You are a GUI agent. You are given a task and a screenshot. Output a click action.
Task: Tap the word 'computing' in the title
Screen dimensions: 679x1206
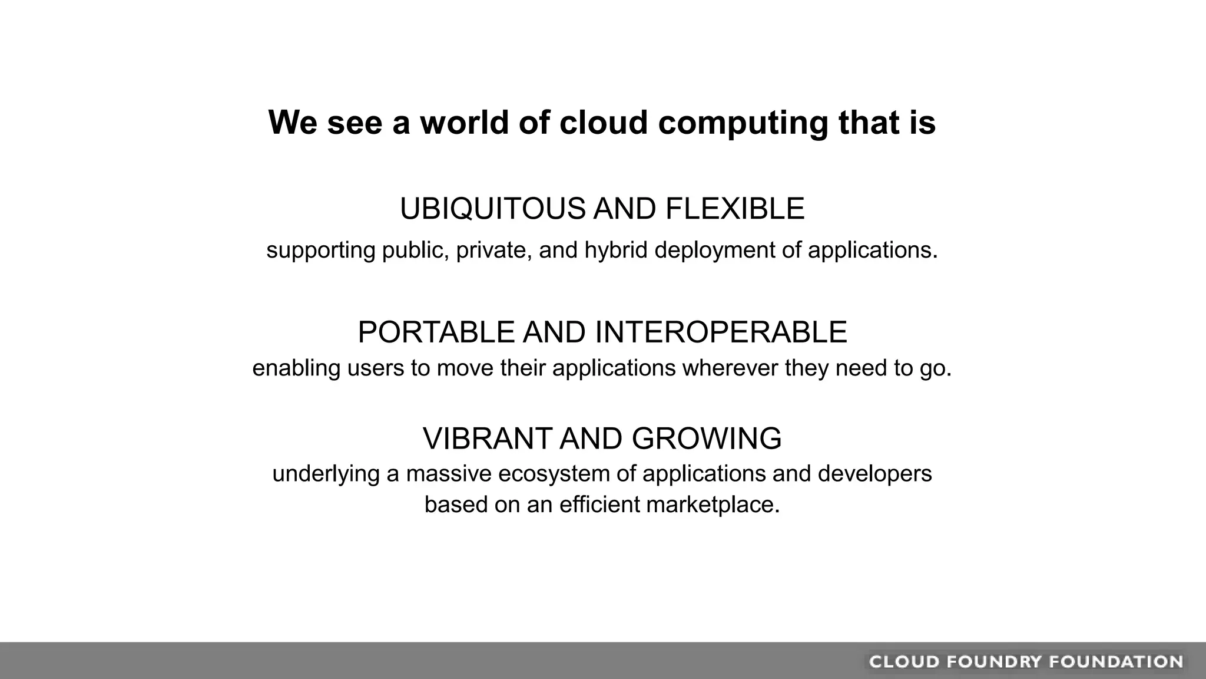click(x=742, y=124)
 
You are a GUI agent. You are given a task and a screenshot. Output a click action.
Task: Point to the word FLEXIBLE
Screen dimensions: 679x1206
click(x=734, y=209)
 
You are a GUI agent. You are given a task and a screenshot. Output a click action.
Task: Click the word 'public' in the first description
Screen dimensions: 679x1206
click(x=412, y=250)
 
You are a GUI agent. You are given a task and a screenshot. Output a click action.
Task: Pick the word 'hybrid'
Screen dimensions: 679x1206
click(x=615, y=250)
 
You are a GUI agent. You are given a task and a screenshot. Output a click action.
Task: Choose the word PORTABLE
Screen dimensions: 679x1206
click(x=436, y=332)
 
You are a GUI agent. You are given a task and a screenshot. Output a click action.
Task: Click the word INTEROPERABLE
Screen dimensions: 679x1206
click(x=721, y=332)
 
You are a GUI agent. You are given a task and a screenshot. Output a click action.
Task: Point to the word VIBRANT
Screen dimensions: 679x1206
click(x=486, y=439)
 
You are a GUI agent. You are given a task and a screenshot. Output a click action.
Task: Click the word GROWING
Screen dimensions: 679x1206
click(x=707, y=439)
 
